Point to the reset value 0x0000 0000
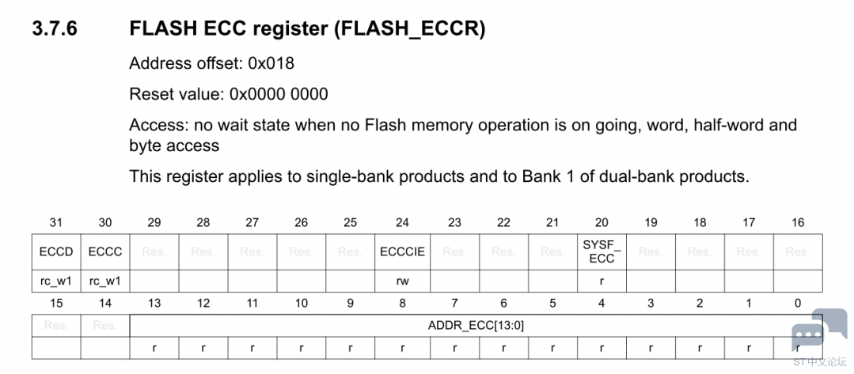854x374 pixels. coord(279,95)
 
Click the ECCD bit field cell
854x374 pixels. coord(55,252)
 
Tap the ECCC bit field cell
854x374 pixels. coord(104,252)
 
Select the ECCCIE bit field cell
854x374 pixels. coord(402,252)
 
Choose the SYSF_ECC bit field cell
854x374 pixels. coord(602,251)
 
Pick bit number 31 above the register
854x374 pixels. coord(55,223)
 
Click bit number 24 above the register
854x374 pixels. coord(402,223)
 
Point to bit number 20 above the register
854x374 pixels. coord(602,223)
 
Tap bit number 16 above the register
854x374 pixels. coord(798,223)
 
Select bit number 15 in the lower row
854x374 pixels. coord(55,304)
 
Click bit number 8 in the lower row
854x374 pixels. coord(402,304)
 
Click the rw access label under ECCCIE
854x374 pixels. coord(402,280)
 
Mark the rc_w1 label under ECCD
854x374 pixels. coord(55,280)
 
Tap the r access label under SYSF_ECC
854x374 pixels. coord(602,280)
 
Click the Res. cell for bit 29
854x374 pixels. coord(154,252)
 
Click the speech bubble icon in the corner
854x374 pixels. coord(808,331)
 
